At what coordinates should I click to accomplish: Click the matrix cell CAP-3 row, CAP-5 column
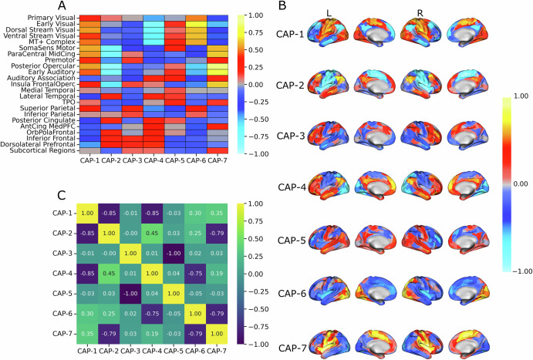tap(173, 252)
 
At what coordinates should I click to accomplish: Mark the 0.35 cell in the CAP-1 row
tap(218, 212)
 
